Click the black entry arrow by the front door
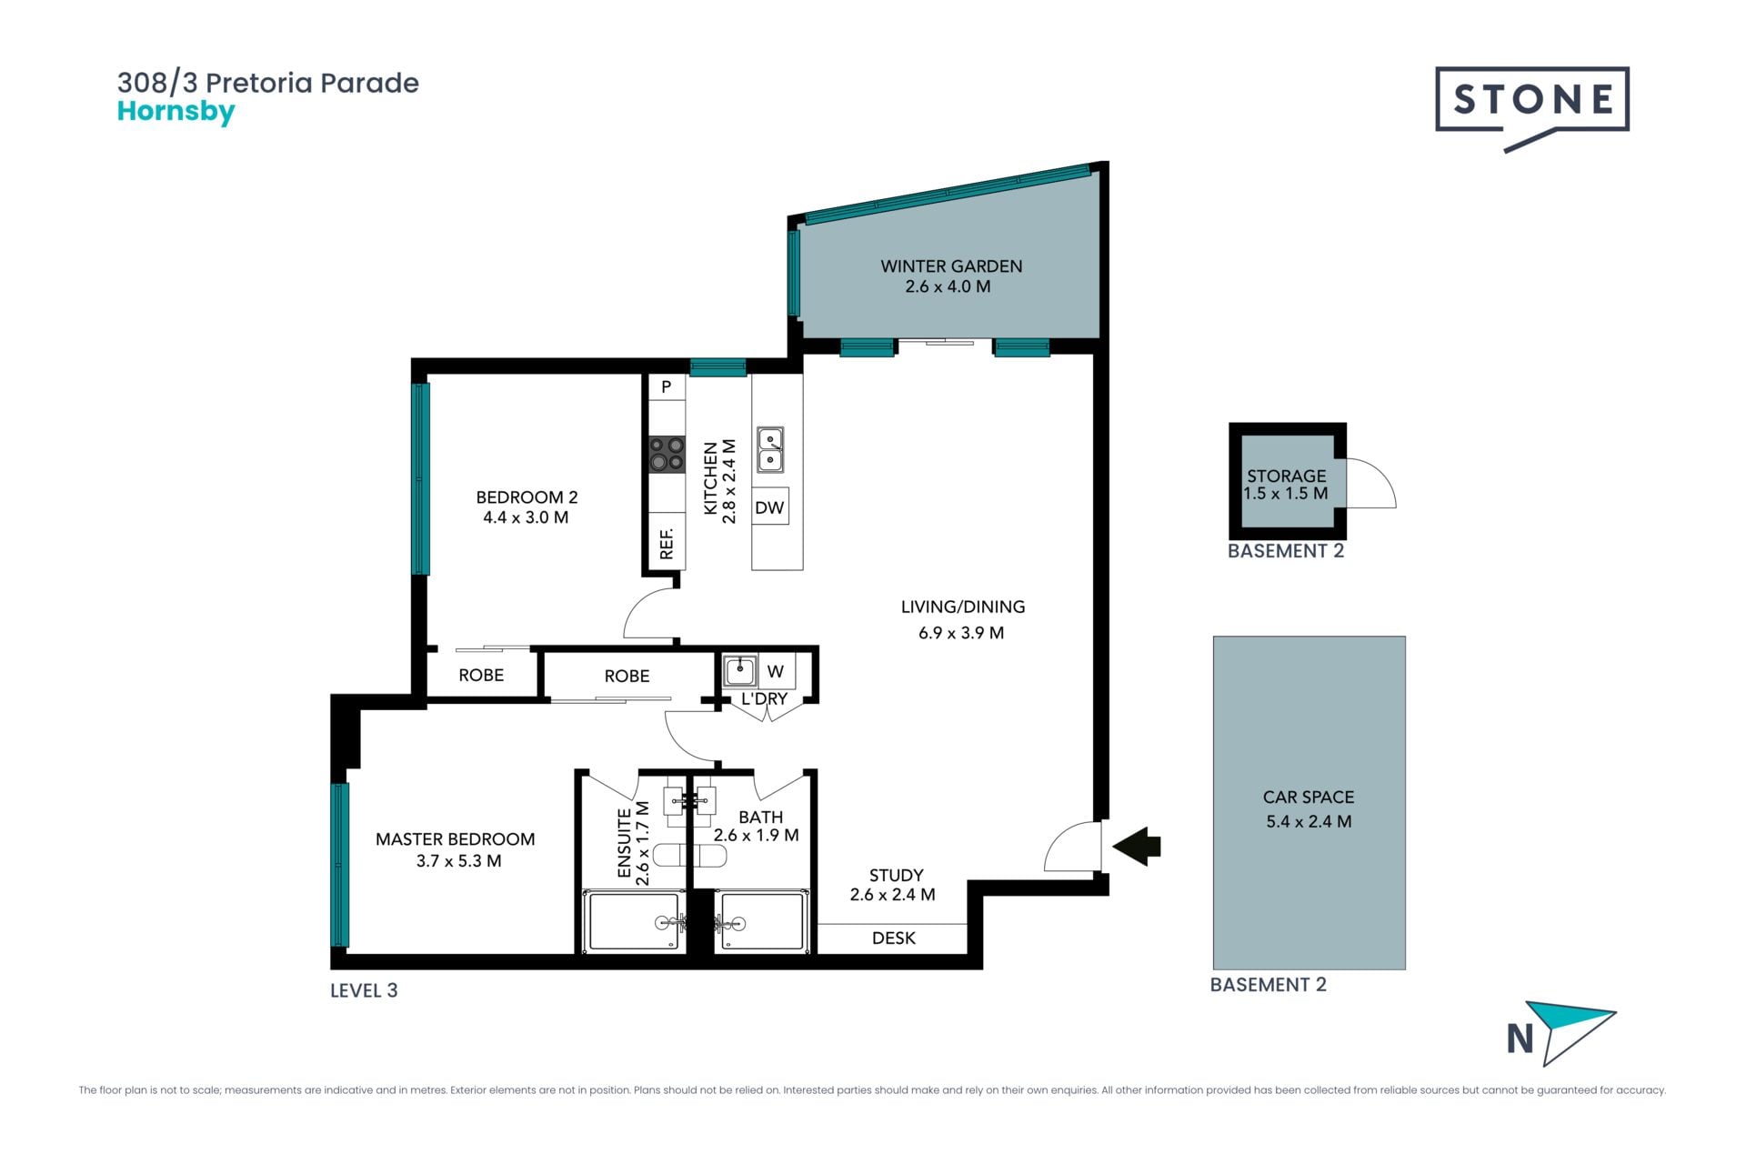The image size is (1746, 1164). pyautogui.click(x=1137, y=846)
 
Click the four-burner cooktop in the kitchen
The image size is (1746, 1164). pyautogui.click(x=667, y=454)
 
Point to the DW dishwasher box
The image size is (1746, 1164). pyautogui.click(x=769, y=507)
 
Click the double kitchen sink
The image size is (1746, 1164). pyautogui.click(x=770, y=450)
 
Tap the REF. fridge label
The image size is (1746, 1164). pyautogui.click(x=667, y=543)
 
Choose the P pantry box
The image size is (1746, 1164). pyautogui.click(x=667, y=387)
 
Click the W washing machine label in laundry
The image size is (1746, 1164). pyautogui.click(x=776, y=672)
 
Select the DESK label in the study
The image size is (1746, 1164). pyautogui.click(x=894, y=938)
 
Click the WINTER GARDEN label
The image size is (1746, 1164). pyautogui.click(x=951, y=266)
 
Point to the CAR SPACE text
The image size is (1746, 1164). pyautogui.click(x=1309, y=797)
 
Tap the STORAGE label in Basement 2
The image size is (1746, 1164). pyautogui.click(x=1286, y=476)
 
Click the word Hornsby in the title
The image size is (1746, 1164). pyautogui.click(x=176, y=112)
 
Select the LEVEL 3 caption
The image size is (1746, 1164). pyautogui.click(x=364, y=990)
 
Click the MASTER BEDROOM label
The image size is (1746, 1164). pyautogui.click(x=455, y=839)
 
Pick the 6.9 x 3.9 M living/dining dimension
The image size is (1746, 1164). pyautogui.click(x=961, y=633)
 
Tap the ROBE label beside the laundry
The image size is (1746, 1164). pyautogui.click(x=627, y=677)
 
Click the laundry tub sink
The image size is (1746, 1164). pyautogui.click(x=740, y=671)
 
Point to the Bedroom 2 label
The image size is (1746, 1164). pyautogui.click(x=527, y=497)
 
